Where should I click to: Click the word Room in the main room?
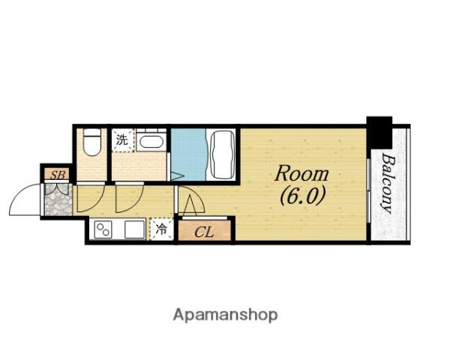[x=301, y=174]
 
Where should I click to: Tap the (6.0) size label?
[x=303, y=196]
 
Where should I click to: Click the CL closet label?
[x=204, y=232]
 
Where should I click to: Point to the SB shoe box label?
[x=58, y=174]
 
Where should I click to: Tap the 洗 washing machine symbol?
[x=122, y=140]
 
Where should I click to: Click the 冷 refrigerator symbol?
[x=162, y=229]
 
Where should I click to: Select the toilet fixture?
[x=92, y=142]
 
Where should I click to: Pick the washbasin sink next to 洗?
[x=151, y=141]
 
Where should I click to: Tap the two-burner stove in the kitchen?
[x=103, y=229]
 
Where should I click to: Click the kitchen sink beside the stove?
[x=135, y=229]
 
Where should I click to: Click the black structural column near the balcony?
[x=379, y=132]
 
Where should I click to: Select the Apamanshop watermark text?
[x=225, y=315]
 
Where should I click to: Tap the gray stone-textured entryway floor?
[x=58, y=199]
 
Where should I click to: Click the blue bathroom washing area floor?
[x=188, y=154]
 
